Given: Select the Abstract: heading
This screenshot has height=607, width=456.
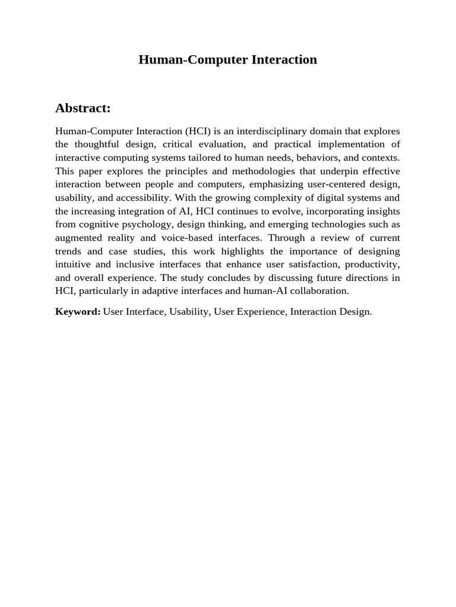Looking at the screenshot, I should [x=83, y=108].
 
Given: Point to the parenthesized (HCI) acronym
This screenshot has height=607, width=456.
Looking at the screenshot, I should [x=198, y=131].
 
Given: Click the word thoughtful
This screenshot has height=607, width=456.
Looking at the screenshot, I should [x=107, y=144].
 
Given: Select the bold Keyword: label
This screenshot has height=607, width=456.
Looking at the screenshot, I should [x=78, y=312].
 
